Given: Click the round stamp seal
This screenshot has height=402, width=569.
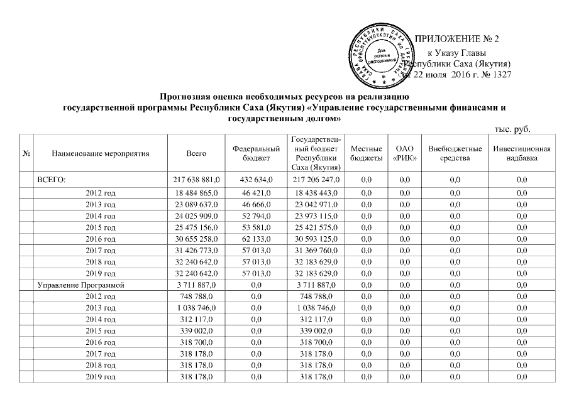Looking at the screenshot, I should (x=385, y=56).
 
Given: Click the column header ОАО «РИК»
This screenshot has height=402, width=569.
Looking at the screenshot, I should (x=403, y=153).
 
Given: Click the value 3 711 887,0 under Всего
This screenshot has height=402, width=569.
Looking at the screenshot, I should (x=197, y=285).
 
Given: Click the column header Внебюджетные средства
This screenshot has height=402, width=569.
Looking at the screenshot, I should (x=455, y=153).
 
